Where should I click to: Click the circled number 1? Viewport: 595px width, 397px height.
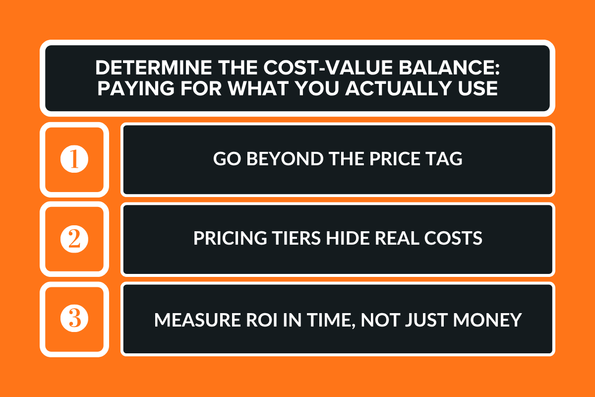(74, 160)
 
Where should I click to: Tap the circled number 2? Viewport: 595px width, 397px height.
(74, 239)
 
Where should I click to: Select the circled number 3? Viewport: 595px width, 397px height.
(74, 319)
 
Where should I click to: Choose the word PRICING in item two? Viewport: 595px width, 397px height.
(224, 238)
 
